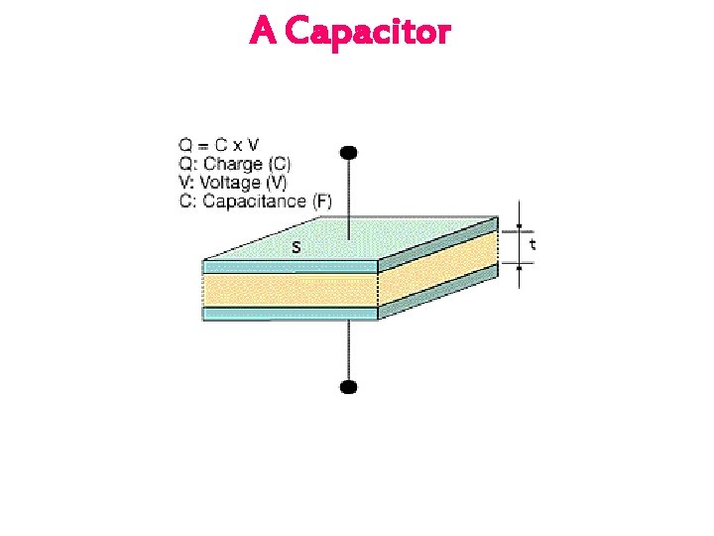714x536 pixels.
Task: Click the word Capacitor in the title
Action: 367,32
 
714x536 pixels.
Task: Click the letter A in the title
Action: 263,31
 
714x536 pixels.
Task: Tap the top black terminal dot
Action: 349,153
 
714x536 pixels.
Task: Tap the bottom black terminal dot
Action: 349,386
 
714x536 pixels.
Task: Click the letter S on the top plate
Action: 296,247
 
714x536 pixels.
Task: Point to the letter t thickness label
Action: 534,243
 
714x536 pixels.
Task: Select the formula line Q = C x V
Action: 219,145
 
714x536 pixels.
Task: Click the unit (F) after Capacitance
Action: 321,201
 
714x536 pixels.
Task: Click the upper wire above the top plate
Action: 349,199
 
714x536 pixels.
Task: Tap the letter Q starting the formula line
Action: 185,145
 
